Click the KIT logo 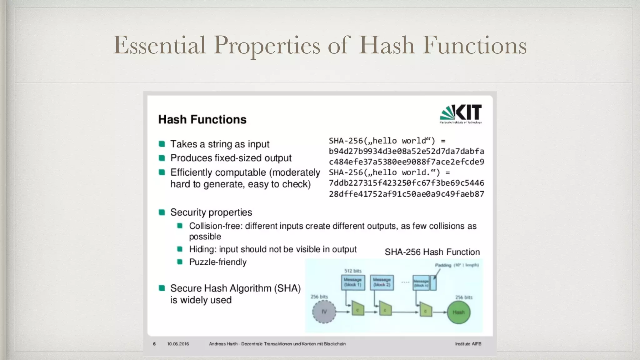(x=461, y=114)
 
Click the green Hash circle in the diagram (x=458, y=312)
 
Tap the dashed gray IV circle (x=324, y=312)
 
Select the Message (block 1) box (x=353, y=282)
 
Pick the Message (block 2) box (x=382, y=282)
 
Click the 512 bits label (x=353, y=271)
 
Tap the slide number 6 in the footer (x=154, y=344)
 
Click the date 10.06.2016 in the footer (x=178, y=344)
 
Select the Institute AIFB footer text (x=468, y=344)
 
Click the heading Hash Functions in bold (x=202, y=119)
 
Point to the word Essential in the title (x=159, y=45)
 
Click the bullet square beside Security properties (x=162, y=212)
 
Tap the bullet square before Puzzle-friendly (x=180, y=262)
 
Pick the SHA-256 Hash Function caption (x=432, y=252)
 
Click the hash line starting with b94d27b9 (x=406, y=151)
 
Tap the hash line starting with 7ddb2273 (x=406, y=183)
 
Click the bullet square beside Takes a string (x=162, y=144)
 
